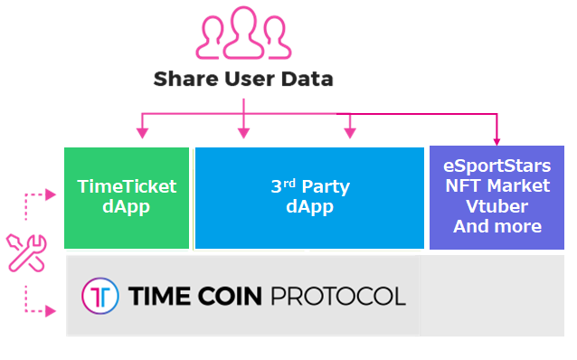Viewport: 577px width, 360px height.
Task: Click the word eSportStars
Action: coord(497,166)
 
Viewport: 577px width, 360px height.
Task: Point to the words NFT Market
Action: coord(497,186)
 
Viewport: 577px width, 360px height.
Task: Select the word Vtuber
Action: coord(497,206)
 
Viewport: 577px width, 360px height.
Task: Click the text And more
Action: coord(497,226)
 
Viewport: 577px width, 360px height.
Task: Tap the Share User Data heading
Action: coord(243,79)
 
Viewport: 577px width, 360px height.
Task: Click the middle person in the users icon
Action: coord(243,30)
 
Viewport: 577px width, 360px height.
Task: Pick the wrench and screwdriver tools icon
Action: coord(25,252)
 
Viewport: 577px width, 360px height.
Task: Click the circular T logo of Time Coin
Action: coord(100,296)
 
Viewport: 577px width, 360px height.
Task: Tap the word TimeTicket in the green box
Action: coord(127,187)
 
